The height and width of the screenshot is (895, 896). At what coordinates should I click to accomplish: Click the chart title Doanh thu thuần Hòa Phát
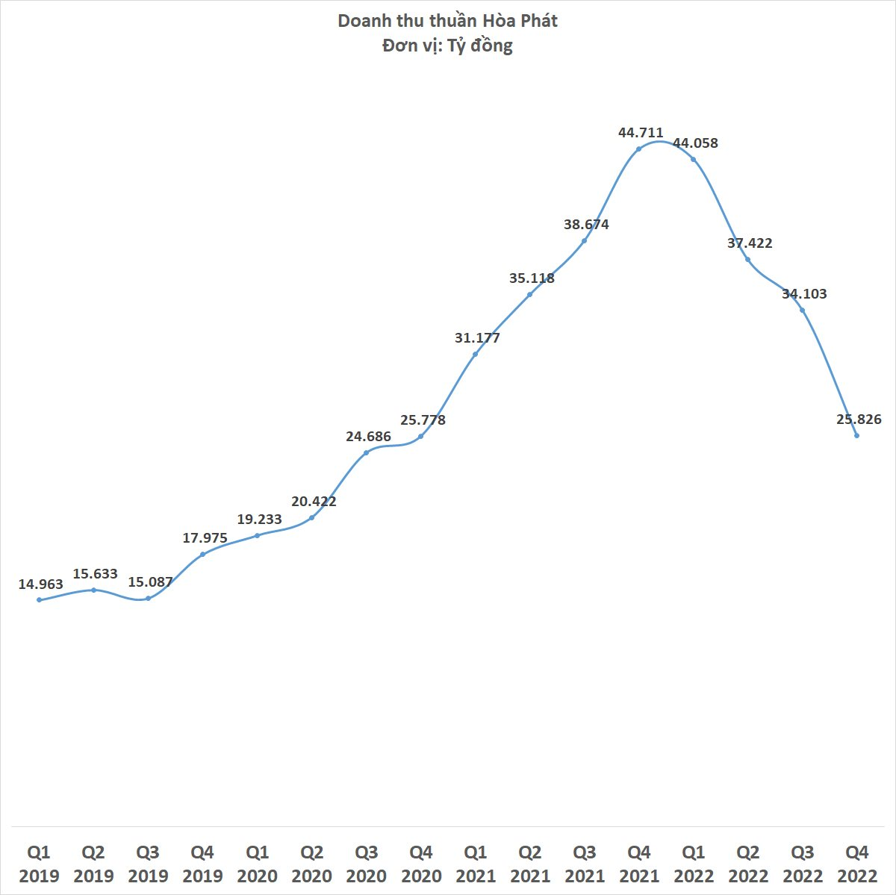(447, 22)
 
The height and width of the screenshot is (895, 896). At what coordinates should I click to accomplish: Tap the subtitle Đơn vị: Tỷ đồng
(447, 46)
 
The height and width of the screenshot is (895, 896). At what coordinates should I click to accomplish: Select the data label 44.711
(640, 133)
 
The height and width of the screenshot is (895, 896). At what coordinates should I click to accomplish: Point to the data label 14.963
(40, 584)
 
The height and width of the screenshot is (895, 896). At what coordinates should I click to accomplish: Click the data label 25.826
(859, 420)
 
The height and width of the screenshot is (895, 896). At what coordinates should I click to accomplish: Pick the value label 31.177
(477, 338)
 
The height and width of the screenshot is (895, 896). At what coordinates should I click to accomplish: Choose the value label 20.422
(314, 502)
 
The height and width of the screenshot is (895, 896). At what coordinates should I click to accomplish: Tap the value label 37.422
(750, 243)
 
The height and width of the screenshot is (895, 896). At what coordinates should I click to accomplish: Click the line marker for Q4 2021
(639, 149)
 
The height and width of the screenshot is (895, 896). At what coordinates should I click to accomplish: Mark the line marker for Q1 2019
(39, 600)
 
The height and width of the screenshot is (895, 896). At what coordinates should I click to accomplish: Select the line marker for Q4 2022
(856, 436)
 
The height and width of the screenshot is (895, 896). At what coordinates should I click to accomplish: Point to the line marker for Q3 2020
(366, 453)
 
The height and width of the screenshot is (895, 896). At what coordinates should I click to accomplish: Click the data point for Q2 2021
(529, 295)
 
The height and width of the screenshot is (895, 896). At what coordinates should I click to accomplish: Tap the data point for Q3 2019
(149, 599)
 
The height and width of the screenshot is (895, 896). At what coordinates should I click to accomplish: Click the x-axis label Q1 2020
(257, 864)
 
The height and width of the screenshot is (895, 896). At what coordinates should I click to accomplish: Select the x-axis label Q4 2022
(857, 864)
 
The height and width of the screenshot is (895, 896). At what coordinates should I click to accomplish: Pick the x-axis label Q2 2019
(93, 864)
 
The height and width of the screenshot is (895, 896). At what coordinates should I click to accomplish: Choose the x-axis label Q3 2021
(585, 864)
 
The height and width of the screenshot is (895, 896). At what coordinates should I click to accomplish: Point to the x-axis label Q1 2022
(693, 864)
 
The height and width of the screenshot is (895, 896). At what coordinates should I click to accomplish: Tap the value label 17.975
(205, 538)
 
